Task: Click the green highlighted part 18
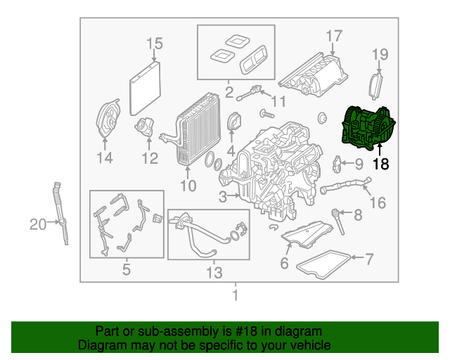[368, 127]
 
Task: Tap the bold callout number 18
[380, 165]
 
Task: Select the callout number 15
[154, 44]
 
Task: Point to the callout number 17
[333, 35]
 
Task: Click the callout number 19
[380, 54]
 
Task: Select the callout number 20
[37, 225]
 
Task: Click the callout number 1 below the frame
[236, 295]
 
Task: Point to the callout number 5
[126, 269]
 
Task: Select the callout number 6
[285, 263]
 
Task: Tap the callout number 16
[378, 203]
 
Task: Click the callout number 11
[279, 102]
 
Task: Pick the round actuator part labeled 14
[108, 121]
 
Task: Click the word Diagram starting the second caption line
[99, 346]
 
